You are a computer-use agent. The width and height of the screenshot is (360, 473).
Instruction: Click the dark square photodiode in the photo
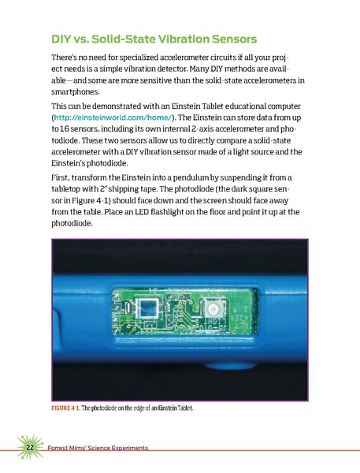point(147,306)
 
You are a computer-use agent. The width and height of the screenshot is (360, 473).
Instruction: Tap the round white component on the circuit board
point(209,310)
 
